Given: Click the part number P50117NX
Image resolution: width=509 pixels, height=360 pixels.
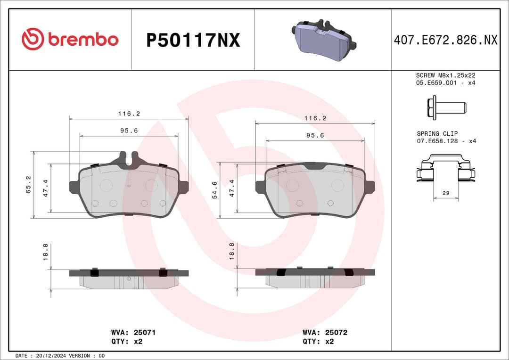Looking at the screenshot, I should pos(193,41).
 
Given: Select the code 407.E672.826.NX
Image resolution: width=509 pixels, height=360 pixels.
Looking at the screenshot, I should pos(445,41).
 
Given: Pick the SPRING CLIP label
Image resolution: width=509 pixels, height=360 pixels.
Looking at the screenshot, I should pos(437,134).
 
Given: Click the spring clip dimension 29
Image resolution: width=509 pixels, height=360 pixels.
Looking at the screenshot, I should pos(445,193).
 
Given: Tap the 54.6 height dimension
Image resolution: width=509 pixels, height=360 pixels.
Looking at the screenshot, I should pos(214,190).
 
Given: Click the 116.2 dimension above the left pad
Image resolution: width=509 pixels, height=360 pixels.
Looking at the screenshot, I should pos(129,114).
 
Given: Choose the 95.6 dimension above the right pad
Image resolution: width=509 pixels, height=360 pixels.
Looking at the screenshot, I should pos(315,135).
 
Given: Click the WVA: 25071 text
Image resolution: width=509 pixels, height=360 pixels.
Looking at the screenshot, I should pos(133,332).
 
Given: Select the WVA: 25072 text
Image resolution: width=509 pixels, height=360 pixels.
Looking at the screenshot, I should pos(325,332).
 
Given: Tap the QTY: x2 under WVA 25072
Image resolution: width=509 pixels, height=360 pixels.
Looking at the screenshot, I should pos(318,341).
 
